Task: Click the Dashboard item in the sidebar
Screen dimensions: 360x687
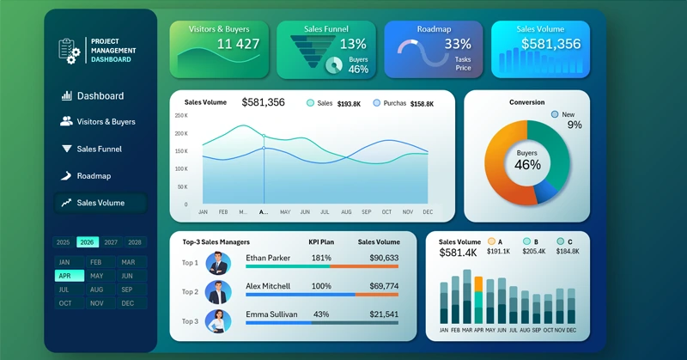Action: [100, 96]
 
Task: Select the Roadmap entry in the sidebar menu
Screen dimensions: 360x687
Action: [94, 176]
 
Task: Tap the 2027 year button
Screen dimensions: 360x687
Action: [112, 242]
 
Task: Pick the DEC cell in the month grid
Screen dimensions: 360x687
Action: [128, 303]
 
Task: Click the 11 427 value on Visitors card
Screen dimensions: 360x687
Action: [238, 44]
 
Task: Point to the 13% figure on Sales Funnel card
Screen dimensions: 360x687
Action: [353, 44]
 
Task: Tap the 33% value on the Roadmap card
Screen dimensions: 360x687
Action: [458, 44]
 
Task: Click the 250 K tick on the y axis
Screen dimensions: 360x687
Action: [180, 115]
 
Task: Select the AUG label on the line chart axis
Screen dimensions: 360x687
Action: [346, 211]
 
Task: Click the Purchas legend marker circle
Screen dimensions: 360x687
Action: [377, 103]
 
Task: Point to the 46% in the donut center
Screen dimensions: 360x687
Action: [527, 165]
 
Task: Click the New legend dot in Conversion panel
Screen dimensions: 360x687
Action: [556, 114]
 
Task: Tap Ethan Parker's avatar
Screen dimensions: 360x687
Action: [218, 263]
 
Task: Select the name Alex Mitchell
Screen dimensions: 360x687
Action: [273, 286]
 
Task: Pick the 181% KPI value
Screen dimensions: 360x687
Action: [321, 258]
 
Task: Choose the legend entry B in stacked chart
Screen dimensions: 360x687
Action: [525, 242]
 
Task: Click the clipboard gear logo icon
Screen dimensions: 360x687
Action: [69, 50]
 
